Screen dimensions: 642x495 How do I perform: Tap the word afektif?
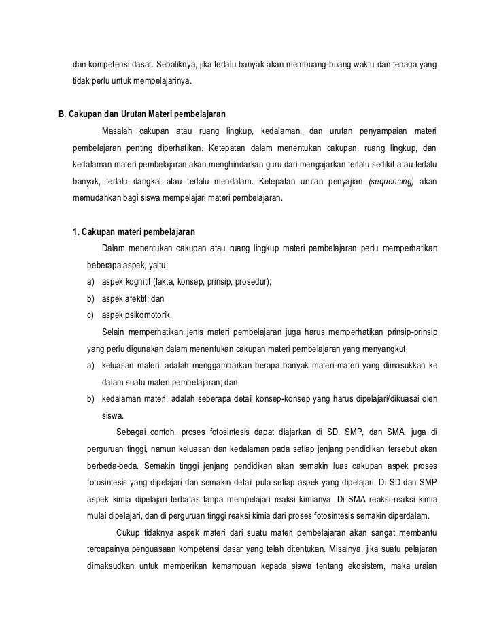point(136,298)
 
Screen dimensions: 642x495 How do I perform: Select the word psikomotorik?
point(144,315)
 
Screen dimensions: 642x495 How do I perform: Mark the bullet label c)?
point(91,315)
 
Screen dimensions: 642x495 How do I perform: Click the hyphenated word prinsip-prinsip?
point(413,332)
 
